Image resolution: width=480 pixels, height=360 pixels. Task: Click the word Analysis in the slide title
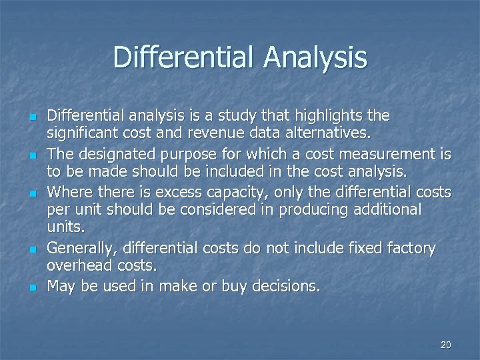(315, 57)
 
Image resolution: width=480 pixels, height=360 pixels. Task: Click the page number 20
(446, 345)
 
